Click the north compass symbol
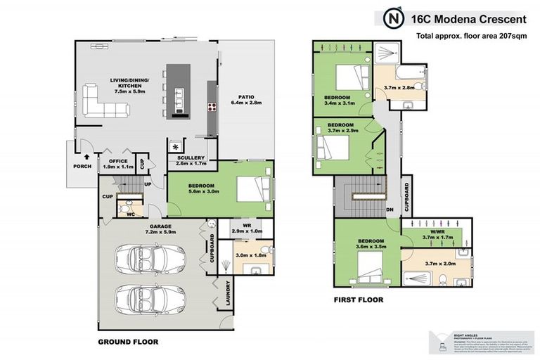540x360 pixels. (x=395, y=17)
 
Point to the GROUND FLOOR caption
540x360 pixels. (x=128, y=342)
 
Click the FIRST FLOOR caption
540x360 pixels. (x=358, y=300)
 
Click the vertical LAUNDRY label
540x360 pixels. (x=228, y=294)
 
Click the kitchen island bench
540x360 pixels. (x=174, y=89)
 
